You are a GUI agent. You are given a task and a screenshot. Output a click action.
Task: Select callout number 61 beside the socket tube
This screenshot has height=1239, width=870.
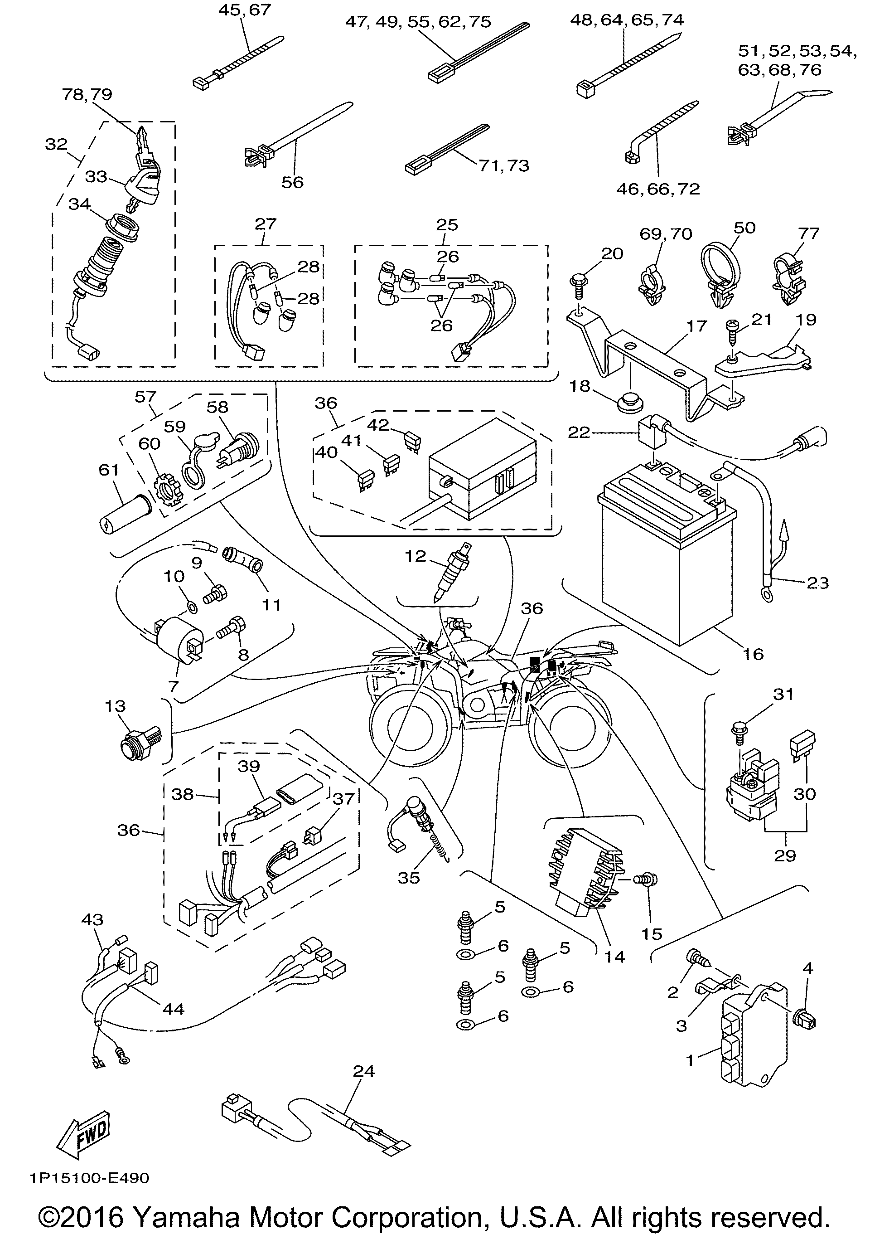(x=108, y=471)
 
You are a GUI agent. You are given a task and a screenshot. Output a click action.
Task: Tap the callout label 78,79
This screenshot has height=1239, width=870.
(x=87, y=95)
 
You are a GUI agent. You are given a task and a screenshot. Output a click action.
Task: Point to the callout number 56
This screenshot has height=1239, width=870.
(x=292, y=182)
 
